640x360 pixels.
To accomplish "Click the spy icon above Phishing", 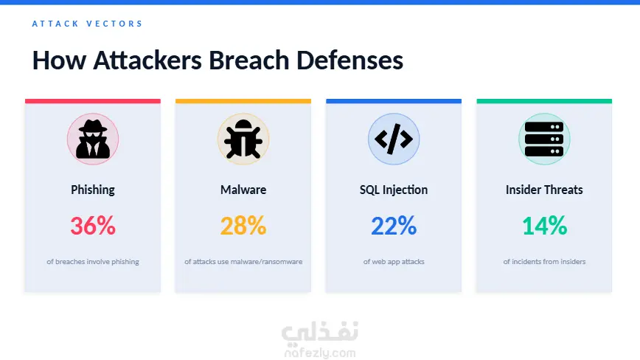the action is (x=93, y=139).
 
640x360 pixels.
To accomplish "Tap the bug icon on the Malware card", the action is (x=243, y=139).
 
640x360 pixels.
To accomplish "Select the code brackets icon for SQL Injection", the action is (x=394, y=139).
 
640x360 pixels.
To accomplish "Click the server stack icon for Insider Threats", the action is (x=544, y=139).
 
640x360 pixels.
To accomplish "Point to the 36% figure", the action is (x=93, y=226).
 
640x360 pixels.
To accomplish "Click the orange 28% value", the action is (x=243, y=226).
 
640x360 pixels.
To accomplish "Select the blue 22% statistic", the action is (x=394, y=226).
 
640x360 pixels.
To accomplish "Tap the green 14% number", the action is (x=544, y=226).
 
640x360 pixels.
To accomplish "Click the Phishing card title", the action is (x=93, y=190).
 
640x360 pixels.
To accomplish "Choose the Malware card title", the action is (x=243, y=190).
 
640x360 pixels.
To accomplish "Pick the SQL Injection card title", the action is (x=394, y=190).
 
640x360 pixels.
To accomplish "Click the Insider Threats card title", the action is (x=544, y=190).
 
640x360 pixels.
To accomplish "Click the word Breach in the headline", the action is (x=249, y=60).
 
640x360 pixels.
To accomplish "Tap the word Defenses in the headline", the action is (x=349, y=60).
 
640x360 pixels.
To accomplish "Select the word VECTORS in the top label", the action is (x=114, y=24).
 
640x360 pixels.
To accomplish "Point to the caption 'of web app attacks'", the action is (x=394, y=262).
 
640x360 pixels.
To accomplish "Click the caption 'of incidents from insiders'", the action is (x=544, y=262).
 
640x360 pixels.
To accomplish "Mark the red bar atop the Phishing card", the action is (x=93, y=101).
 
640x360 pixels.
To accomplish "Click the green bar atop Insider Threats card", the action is (x=544, y=101).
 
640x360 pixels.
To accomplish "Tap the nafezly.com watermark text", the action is (x=320, y=353).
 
